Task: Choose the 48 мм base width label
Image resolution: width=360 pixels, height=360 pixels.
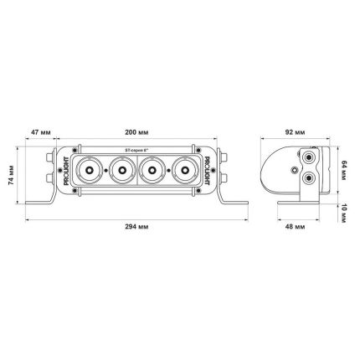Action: click(295, 227)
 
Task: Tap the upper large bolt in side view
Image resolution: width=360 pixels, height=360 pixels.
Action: click(311, 158)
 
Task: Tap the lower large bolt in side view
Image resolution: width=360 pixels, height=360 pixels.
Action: click(311, 178)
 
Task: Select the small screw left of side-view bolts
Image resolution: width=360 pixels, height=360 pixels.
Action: click(297, 168)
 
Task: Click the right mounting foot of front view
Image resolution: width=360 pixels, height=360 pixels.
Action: click(231, 202)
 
